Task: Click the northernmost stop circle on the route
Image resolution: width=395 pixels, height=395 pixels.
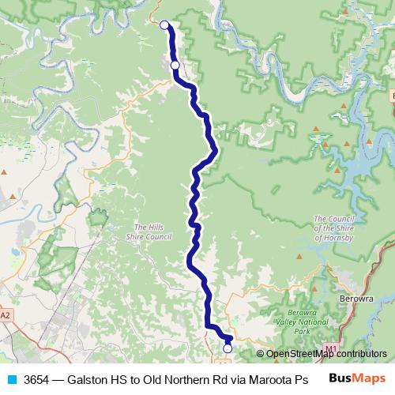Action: point(164,25)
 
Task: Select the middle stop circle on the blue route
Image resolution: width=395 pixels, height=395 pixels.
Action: point(175,65)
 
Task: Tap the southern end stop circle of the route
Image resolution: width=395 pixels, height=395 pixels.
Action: point(228,348)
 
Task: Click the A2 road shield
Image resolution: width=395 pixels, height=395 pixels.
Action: point(6,315)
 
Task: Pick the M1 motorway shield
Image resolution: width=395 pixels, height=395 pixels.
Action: point(330,348)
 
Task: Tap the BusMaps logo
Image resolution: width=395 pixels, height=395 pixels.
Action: point(358,378)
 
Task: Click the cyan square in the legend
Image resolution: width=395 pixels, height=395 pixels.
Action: point(11,378)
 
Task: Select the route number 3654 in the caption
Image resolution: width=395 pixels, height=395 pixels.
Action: point(37,378)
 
